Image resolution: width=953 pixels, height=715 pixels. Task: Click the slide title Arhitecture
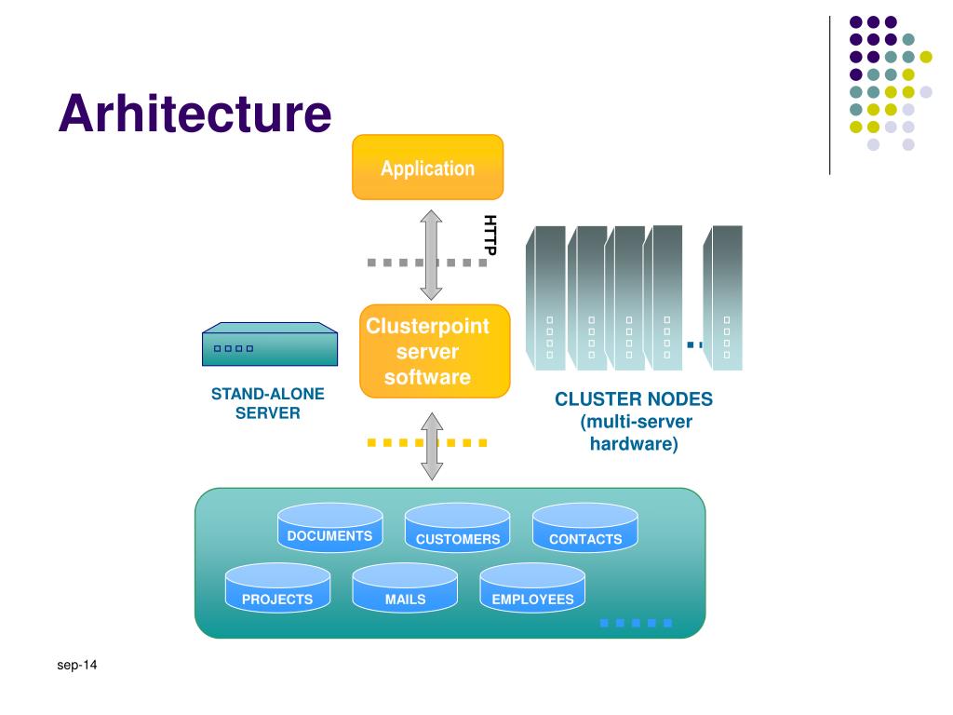[x=195, y=113]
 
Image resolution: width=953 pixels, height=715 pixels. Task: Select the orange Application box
[x=428, y=168]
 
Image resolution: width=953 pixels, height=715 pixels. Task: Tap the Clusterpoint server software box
[x=435, y=351]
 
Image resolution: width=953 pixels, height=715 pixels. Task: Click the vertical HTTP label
[x=490, y=235]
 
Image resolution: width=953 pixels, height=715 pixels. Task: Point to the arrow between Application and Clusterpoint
[x=431, y=255]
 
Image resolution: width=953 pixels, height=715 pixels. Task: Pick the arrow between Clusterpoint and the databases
[x=432, y=446]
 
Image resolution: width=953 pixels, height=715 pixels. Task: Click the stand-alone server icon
[x=270, y=344]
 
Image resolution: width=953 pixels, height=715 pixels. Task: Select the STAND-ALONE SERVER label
[x=267, y=403]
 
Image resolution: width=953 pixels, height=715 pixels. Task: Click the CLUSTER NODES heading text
[x=634, y=398]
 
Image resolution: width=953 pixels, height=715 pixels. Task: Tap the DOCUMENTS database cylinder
[x=330, y=527]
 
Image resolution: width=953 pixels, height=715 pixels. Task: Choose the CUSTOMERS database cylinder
[x=458, y=528]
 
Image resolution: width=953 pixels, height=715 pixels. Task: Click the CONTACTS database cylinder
[x=585, y=528]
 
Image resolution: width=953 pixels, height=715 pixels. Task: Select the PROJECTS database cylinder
[x=277, y=587]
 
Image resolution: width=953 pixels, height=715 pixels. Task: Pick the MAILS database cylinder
[x=405, y=587]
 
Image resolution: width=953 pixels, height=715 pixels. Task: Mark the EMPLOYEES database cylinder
[x=532, y=587]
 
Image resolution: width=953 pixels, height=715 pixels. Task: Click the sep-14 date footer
[x=77, y=665]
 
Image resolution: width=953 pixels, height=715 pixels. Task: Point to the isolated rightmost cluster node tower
[x=722, y=298]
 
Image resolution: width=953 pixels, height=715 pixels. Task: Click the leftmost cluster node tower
[x=545, y=298]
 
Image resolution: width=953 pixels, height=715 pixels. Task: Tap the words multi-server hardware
[x=635, y=432]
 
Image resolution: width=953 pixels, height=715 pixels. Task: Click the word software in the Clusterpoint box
[x=427, y=377]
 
